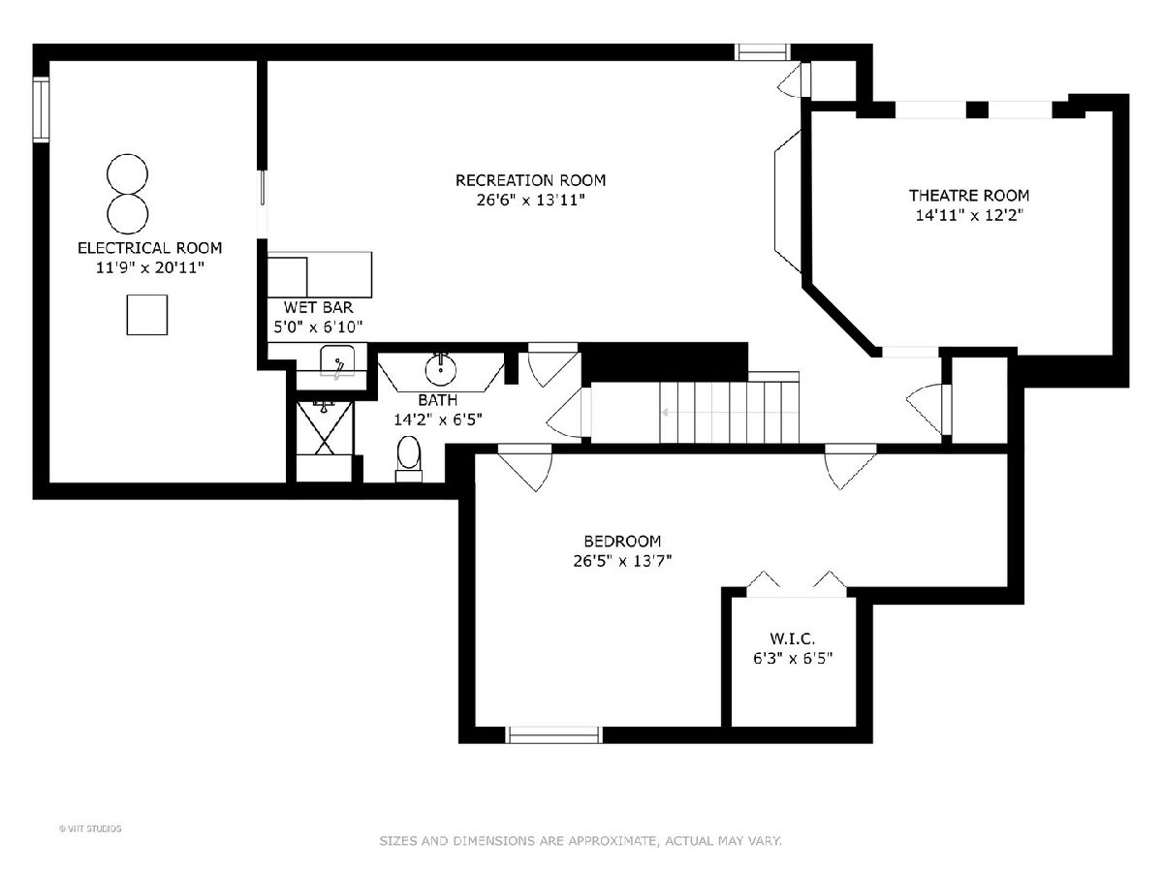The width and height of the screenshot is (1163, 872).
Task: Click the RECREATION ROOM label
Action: [x=530, y=180]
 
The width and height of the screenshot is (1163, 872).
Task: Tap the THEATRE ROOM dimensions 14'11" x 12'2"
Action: [x=969, y=215]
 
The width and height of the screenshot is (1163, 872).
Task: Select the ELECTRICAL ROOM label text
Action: [x=150, y=248]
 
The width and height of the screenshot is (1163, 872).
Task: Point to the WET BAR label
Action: [x=318, y=307]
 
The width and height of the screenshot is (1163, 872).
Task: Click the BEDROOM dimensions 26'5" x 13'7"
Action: [x=622, y=560]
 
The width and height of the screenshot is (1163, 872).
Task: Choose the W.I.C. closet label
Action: [x=792, y=638]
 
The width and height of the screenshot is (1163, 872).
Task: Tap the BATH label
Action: [x=438, y=400]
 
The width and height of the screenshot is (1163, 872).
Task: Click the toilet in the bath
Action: [x=409, y=458]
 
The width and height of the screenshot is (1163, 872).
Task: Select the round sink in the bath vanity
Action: [x=441, y=369]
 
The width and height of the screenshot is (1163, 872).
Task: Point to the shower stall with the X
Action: [x=325, y=428]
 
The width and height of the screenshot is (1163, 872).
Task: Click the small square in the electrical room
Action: [x=146, y=315]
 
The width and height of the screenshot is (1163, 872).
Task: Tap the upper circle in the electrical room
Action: [x=127, y=174]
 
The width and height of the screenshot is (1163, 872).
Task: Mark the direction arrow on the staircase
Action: [x=730, y=413]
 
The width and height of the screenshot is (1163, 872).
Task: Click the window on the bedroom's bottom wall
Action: [x=553, y=734]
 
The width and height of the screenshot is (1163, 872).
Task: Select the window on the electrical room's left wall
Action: [x=41, y=109]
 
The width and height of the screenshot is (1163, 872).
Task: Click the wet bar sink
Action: [x=337, y=361]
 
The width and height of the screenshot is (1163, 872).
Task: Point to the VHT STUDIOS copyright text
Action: [x=90, y=828]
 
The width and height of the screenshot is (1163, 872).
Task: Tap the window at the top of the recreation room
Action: [x=762, y=52]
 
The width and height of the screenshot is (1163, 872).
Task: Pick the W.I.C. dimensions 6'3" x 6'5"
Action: [x=793, y=659]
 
